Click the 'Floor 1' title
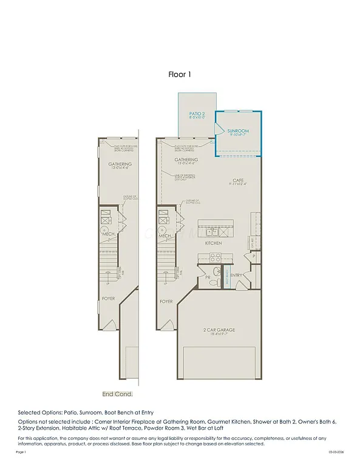click(180, 75)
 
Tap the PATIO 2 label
click(196, 114)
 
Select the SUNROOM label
click(238, 131)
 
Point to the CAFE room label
click(238, 180)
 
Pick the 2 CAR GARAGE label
click(219, 330)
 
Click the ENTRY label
click(236, 275)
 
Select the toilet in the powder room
click(217, 271)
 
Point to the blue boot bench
click(228, 279)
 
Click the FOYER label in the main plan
click(166, 301)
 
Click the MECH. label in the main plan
click(165, 235)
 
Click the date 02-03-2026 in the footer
click(336, 452)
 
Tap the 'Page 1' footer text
click(22, 452)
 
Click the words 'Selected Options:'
click(39, 412)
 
